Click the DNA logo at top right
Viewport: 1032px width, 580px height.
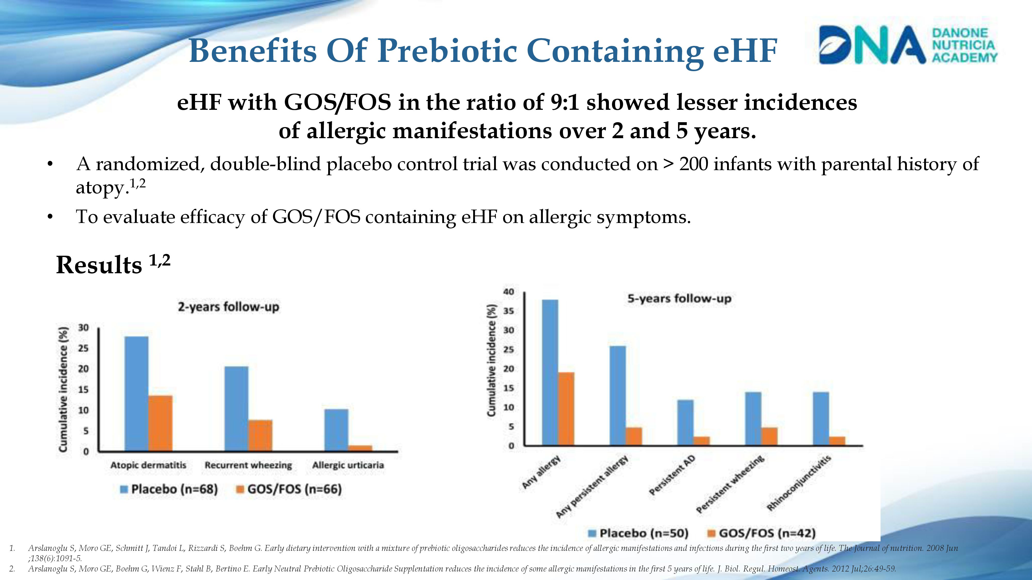point(907,45)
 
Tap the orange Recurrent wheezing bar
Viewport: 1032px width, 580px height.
point(260,435)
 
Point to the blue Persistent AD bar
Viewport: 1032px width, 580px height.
point(685,422)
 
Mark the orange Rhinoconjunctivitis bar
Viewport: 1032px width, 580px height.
point(837,441)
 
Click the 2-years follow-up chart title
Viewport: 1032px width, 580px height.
point(228,307)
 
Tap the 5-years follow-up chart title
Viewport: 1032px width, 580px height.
point(679,299)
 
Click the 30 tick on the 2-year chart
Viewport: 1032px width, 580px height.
point(83,328)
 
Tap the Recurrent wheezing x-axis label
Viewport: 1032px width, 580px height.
point(248,465)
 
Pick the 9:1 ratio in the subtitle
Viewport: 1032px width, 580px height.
point(565,103)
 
